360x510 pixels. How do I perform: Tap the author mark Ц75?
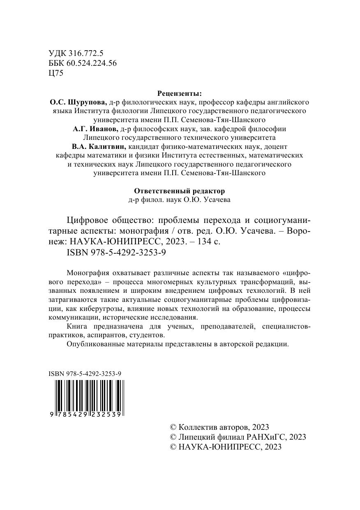tap(56, 73)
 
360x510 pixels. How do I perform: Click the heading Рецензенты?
tap(180, 93)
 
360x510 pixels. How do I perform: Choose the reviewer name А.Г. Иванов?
tap(95, 129)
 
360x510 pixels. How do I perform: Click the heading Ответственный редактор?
tap(180, 191)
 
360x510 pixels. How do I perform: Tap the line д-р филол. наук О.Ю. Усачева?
tap(180, 201)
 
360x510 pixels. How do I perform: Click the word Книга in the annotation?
tap(76, 327)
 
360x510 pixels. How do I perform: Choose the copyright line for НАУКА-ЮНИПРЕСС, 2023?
tap(226, 447)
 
